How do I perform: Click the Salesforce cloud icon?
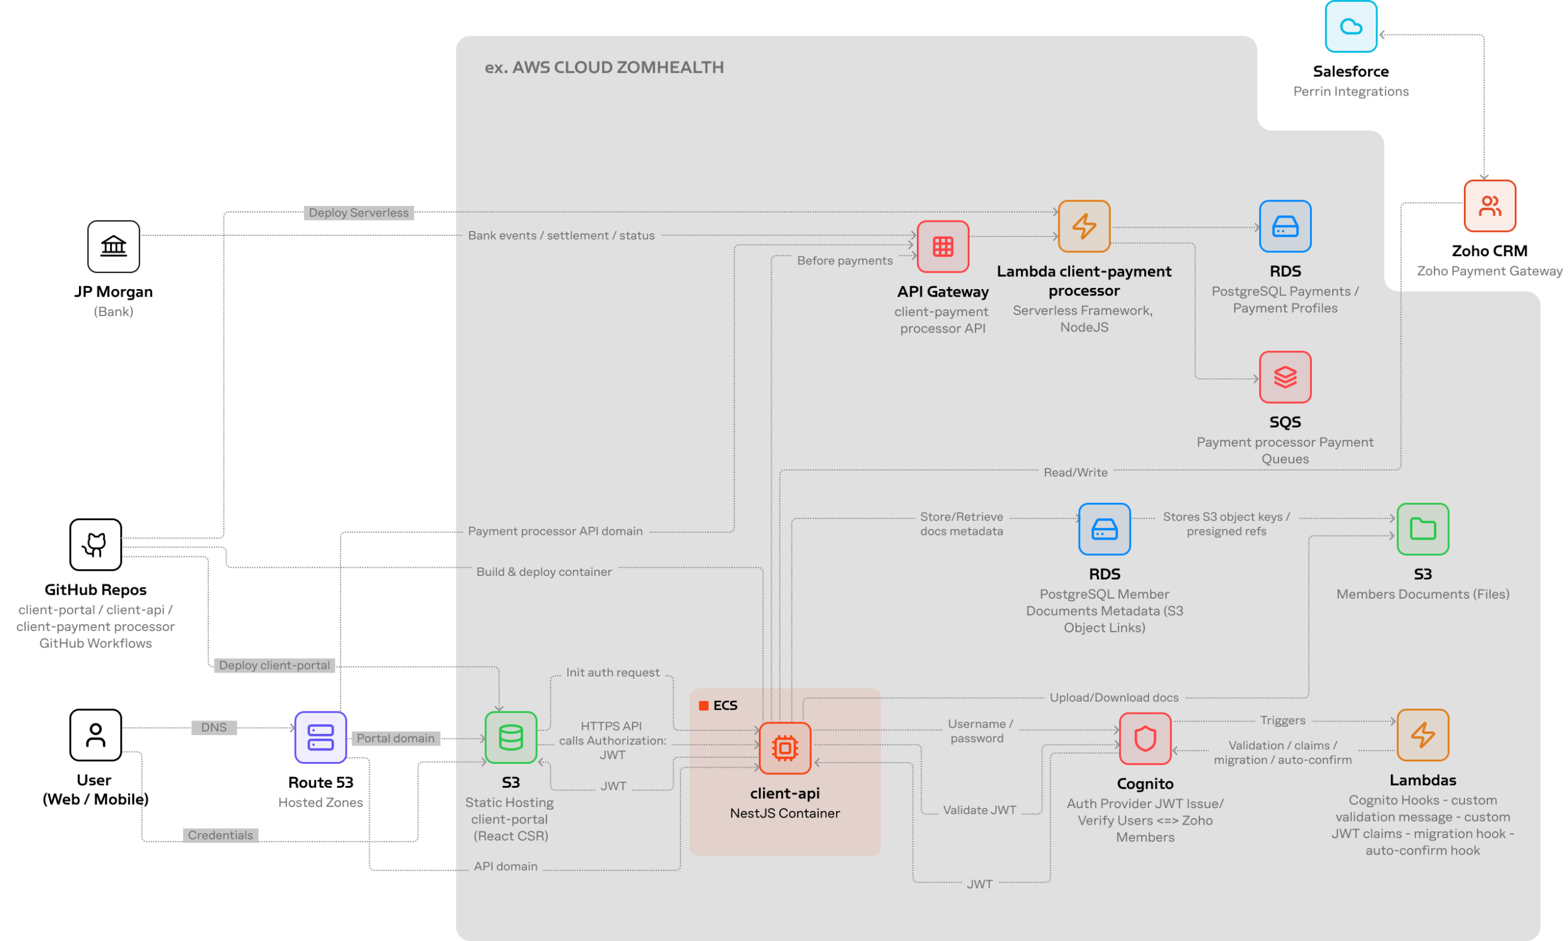[1351, 26]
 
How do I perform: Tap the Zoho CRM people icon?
[1490, 205]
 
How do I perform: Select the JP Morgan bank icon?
[113, 246]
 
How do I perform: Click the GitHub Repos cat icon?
[96, 544]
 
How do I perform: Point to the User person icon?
[96, 735]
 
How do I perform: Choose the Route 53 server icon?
[321, 737]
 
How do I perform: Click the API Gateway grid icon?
[943, 246]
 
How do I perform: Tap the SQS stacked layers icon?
[1284, 377]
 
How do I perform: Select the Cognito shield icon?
[1145, 738]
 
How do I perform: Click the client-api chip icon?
[785, 747]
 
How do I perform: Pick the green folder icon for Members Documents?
[1422, 529]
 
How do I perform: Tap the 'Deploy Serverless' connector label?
[359, 213]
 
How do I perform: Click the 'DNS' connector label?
[214, 727]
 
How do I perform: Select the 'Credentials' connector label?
[221, 835]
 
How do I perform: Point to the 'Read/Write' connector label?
[1076, 472]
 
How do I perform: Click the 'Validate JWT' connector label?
[979, 810]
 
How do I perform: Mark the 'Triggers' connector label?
[1282, 720]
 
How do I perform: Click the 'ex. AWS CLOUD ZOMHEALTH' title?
[604, 67]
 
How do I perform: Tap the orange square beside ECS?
[704, 706]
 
